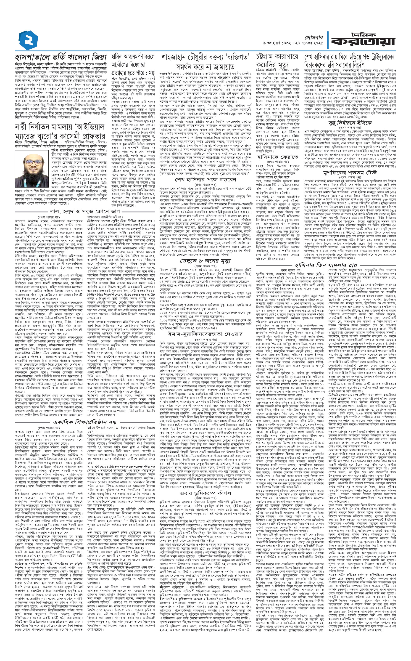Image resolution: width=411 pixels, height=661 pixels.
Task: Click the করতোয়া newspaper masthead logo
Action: [363, 40]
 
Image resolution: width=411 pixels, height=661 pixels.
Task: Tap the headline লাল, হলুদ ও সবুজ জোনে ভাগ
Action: [84, 211]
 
